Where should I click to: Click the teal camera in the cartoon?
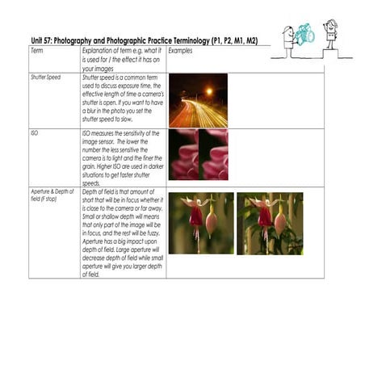point(305,35)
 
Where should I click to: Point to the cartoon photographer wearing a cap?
point(288,40)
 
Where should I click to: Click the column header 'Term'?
point(36,50)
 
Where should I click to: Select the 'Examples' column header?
point(181,50)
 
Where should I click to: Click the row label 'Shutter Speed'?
point(45,78)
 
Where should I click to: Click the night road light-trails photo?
point(198,100)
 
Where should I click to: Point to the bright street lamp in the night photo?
point(209,91)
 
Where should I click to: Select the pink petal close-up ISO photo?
point(198,154)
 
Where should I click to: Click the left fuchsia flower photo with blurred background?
point(200,223)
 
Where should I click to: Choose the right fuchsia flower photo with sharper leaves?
point(270,223)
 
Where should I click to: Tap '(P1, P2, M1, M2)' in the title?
point(233,40)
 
